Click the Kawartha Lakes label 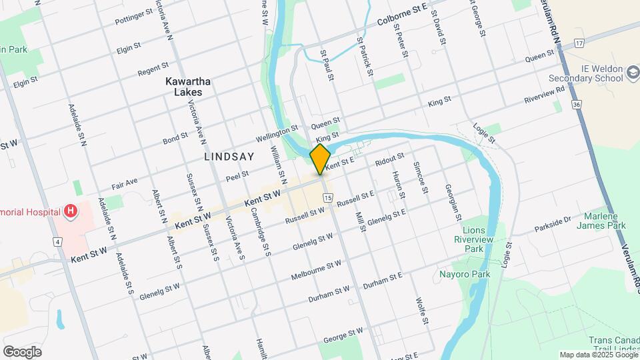[x=188, y=87]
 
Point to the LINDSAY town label [x=229, y=157]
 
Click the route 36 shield [x=576, y=104]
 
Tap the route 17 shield [x=579, y=43]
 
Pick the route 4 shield [x=59, y=241]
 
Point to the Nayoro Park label [x=465, y=274]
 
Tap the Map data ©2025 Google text [x=598, y=355]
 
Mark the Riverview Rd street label [x=545, y=93]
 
